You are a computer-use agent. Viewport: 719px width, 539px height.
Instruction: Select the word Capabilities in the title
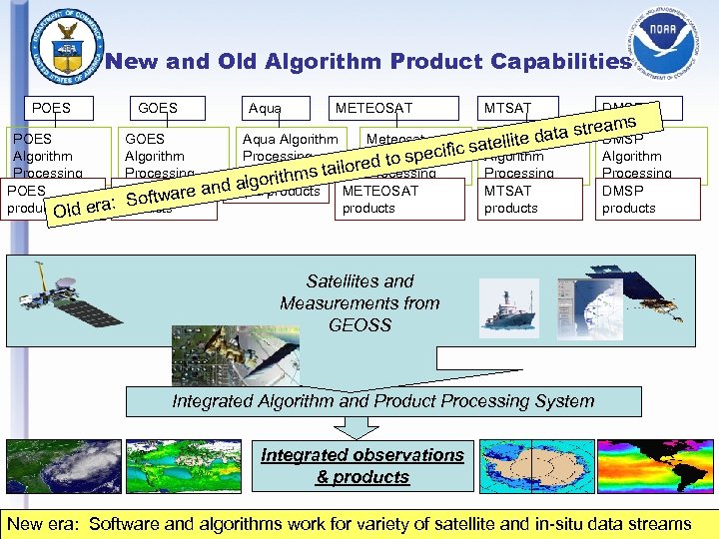coord(561,62)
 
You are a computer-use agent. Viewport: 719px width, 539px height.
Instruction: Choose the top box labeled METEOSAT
coord(373,108)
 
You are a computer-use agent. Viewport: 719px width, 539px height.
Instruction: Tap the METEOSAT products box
coord(399,199)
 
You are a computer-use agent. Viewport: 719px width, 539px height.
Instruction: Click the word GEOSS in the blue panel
coord(359,324)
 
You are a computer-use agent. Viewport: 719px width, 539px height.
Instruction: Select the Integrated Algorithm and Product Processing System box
coord(382,401)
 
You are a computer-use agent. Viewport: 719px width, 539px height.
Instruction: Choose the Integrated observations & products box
coord(362,466)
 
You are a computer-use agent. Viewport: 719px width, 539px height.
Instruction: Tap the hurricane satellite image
coord(62,466)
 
